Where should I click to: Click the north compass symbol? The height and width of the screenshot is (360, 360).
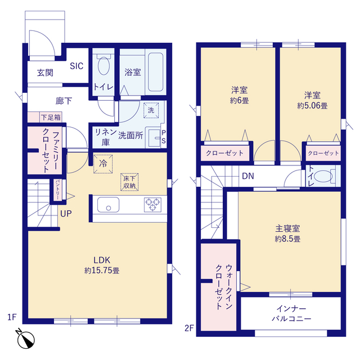26,339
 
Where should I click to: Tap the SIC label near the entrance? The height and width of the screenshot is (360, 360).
76,66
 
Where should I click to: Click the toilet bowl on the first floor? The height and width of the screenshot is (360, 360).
103,65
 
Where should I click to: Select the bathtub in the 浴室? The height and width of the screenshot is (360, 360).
156,72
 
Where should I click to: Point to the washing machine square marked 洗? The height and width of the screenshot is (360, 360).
151,110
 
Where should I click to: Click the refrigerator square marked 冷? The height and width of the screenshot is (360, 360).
103,164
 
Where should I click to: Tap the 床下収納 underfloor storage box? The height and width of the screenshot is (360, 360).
129,182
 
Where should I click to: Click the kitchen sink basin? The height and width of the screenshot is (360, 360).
109,205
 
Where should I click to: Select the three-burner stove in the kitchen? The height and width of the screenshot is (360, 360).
152,205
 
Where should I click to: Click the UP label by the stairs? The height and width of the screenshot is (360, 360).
66,214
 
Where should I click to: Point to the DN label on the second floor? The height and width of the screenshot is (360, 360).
248,176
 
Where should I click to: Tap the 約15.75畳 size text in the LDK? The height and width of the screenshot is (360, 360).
102,271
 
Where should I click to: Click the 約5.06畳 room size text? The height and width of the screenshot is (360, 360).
312,106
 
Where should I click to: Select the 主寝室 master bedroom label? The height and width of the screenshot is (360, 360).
287,229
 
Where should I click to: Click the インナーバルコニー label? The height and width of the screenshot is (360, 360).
291,314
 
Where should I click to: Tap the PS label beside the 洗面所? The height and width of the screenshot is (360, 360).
164,137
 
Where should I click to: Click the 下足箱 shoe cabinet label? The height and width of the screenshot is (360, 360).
51,118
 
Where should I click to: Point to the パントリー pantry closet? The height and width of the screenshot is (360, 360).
57,190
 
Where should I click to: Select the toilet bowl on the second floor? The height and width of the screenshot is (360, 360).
323,176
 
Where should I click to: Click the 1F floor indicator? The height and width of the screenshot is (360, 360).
12,317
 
